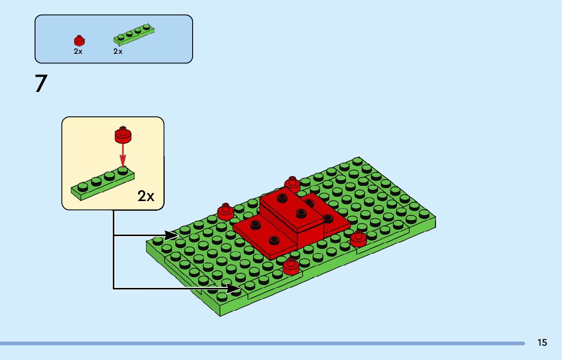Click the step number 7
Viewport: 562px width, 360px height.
pos(41,84)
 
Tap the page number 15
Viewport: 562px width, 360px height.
pos(542,343)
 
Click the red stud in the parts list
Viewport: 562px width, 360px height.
pos(78,41)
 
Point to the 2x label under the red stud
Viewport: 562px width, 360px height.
pos(78,51)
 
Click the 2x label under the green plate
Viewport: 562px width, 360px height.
pos(118,51)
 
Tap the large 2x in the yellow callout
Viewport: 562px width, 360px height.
pos(146,197)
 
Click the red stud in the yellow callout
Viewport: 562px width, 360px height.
pos(122,134)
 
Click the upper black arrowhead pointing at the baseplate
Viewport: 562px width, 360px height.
pos(172,236)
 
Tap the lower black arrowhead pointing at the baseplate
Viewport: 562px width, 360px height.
pos(234,289)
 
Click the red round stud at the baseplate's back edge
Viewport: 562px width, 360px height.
pos(292,183)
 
